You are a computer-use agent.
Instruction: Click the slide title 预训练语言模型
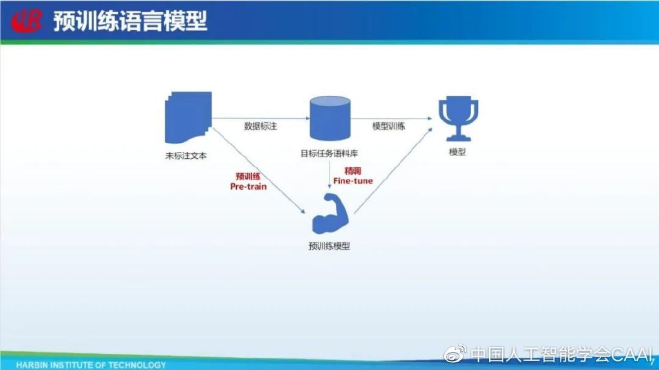click(x=130, y=21)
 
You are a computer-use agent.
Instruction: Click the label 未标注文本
click(x=186, y=155)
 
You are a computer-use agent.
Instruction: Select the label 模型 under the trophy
click(x=457, y=153)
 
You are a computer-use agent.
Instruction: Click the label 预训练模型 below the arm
click(x=329, y=246)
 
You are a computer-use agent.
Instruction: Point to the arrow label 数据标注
click(x=260, y=126)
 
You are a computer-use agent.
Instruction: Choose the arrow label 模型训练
click(x=389, y=126)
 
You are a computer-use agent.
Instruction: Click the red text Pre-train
click(x=248, y=187)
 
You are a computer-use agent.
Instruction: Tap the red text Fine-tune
click(x=353, y=181)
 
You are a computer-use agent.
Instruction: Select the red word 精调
click(x=353, y=171)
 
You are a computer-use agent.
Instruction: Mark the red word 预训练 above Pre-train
click(x=248, y=176)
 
